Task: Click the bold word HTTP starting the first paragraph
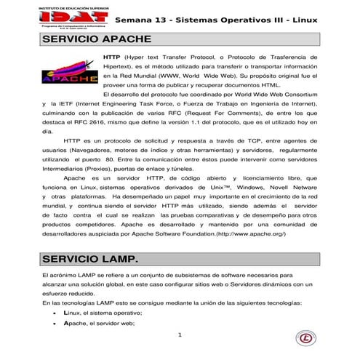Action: pyautogui.click(x=112, y=55)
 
